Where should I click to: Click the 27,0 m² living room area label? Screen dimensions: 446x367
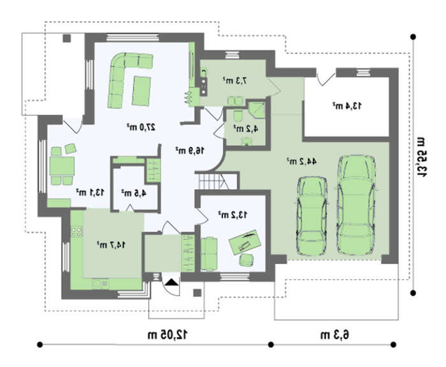(141, 127)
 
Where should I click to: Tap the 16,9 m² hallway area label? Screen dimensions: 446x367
(190, 150)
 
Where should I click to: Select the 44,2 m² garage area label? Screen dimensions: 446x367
(301, 161)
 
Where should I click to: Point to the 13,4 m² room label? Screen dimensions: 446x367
(347, 106)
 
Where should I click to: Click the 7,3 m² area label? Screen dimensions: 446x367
(234, 80)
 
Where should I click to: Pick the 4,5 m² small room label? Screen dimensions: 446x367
(134, 193)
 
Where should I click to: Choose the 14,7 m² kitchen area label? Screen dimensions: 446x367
(111, 245)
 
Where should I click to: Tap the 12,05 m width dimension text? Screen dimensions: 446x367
(168, 335)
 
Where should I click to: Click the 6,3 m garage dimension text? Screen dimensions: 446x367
(334, 335)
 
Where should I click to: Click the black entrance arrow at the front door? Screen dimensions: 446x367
(171, 282)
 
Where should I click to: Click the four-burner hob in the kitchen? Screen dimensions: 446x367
(76, 231)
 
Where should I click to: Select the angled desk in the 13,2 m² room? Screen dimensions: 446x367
(245, 242)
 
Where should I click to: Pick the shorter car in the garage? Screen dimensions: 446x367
(312, 215)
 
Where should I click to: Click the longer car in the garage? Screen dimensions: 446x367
(357, 205)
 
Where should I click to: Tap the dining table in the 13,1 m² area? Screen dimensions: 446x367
(62, 166)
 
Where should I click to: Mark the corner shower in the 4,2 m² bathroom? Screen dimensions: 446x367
(257, 110)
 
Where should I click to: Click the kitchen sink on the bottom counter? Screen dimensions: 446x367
(100, 284)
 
